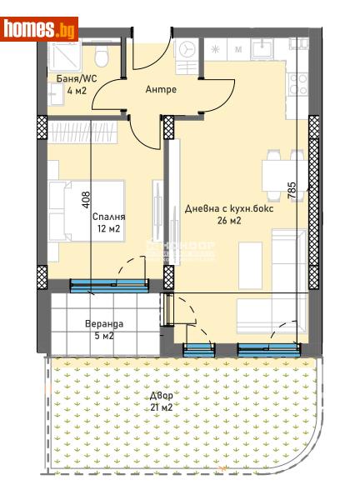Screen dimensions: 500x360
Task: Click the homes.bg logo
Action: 41,29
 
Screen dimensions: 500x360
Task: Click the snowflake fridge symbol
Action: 214,50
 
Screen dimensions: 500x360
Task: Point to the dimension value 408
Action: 86,200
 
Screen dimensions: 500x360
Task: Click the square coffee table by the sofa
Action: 252,259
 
